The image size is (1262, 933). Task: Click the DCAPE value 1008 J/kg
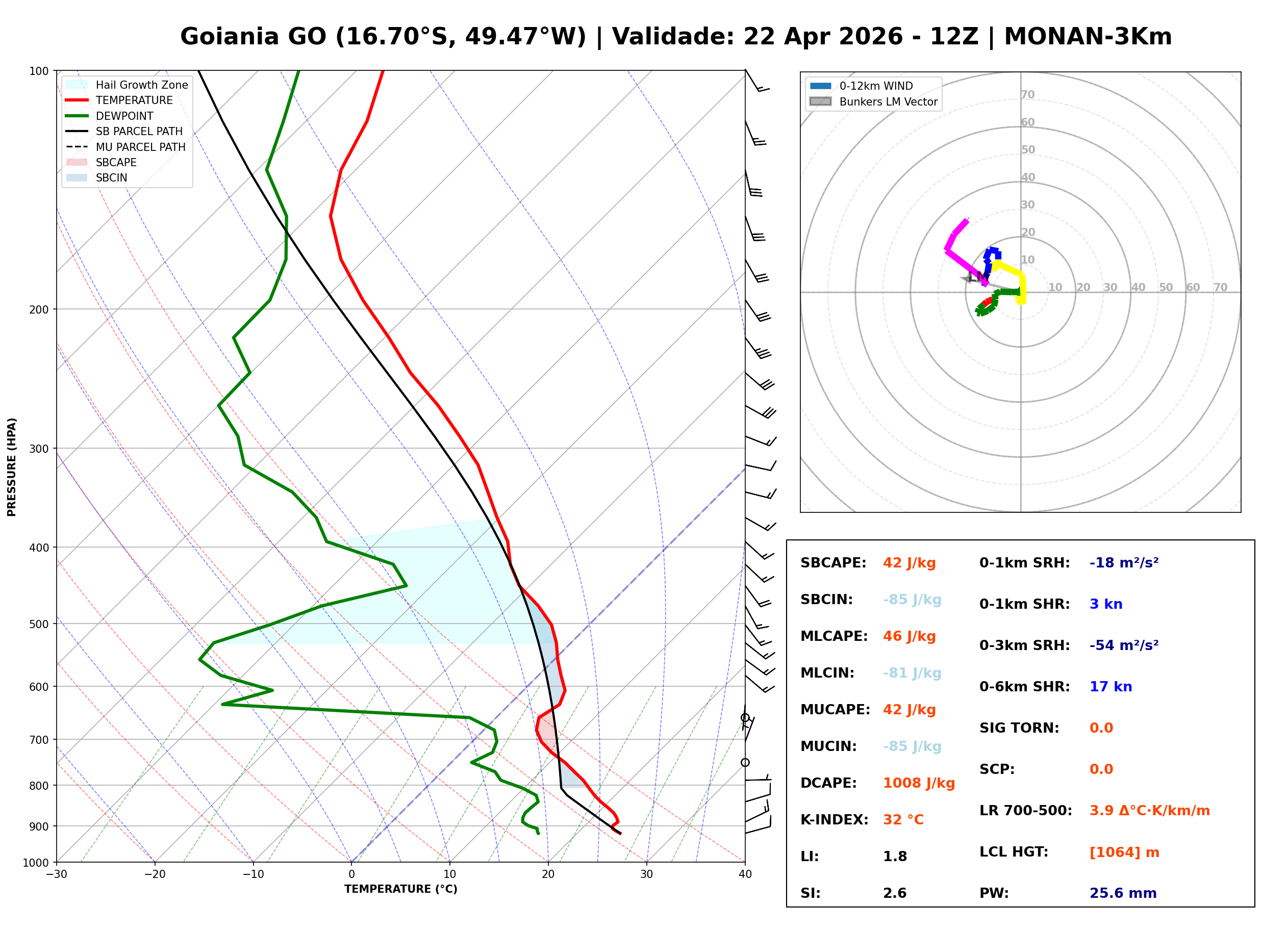[x=919, y=783]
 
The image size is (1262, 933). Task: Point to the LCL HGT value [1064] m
[x=1124, y=852]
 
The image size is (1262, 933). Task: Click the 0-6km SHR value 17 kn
[x=1110, y=687]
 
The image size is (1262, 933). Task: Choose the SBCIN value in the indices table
[x=912, y=600]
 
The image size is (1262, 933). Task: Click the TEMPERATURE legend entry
[x=134, y=100]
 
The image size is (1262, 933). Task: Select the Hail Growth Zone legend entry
[x=141, y=85]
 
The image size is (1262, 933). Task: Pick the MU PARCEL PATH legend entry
[x=140, y=147]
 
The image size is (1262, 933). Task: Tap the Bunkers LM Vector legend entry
[x=888, y=101]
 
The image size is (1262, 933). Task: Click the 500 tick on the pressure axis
[x=38, y=624]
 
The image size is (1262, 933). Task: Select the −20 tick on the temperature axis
[x=155, y=875]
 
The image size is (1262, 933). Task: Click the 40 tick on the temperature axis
[x=745, y=875]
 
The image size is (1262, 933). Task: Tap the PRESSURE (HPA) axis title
[x=12, y=467]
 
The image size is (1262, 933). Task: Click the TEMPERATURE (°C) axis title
[x=400, y=890]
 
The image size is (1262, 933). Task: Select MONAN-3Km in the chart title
[x=1088, y=37]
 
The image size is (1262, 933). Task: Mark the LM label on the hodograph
[x=977, y=277]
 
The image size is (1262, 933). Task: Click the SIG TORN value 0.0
[x=1101, y=728]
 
